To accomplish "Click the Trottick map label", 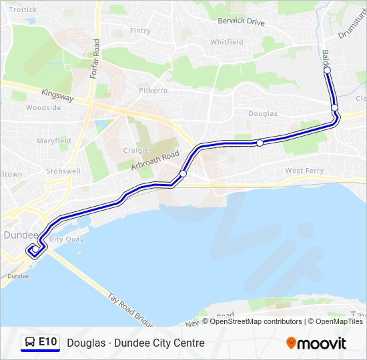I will coord(23,10).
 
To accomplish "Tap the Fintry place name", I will coord(140,31).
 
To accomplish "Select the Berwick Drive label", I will coord(241,21).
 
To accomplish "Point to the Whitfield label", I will coord(227,41).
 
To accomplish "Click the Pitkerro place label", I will coord(153,90).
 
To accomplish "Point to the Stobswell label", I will coord(63,171).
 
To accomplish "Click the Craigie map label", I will coord(136,151).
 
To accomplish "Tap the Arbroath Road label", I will coord(155,161).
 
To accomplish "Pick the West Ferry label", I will coord(304,171).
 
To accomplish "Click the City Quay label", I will coord(66,239).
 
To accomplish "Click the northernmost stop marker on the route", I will coord(327,70).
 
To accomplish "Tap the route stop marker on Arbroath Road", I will coord(183,174).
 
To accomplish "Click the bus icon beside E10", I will coord(30,343).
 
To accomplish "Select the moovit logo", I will coord(316,343).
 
